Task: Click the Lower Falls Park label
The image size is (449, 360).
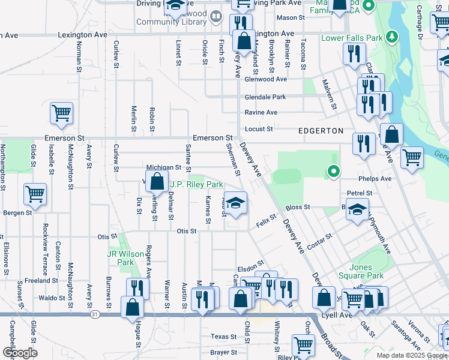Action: click(x=352, y=38)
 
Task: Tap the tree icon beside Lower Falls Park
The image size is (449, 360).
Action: click(x=393, y=37)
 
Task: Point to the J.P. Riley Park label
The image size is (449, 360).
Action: click(x=196, y=184)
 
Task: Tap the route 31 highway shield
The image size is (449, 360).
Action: click(x=95, y=314)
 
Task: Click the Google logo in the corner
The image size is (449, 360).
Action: click(x=20, y=353)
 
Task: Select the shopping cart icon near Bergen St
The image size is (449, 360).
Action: click(x=35, y=194)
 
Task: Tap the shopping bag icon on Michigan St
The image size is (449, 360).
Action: click(x=157, y=181)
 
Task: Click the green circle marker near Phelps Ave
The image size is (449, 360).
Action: click(x=333, y=172)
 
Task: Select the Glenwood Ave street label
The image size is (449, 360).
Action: click(x=265, y=79)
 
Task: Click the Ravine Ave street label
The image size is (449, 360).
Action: click(x=261, y=112)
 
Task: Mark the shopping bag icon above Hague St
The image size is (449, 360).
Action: click(x=132, y=307)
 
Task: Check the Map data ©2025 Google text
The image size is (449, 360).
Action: click(x=411, y=355)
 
